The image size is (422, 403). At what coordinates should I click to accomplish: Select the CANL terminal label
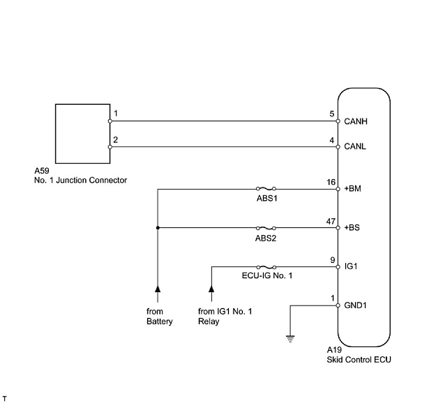click(x=355, y=147)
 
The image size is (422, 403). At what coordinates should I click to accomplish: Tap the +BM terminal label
click(x=353, y=189)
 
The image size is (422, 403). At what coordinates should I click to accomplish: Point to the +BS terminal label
click(x=353, y=228)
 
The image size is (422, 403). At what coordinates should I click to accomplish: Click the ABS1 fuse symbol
click(x=266, y=189)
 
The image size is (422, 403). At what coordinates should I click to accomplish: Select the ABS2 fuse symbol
click(x=266, y=228)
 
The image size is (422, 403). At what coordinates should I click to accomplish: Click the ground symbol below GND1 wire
click(x=290, y=338)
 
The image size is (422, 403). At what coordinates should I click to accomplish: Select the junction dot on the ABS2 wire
click(x=158, y=228)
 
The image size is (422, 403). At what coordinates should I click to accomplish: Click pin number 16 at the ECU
click(x=331, y=182)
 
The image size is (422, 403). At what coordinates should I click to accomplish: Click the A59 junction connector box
click(x=82, y=133)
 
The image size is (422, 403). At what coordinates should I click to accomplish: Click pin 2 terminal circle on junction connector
click(x=110, y=147)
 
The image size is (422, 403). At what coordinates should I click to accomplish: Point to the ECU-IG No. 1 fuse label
click(x=266, y=276)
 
